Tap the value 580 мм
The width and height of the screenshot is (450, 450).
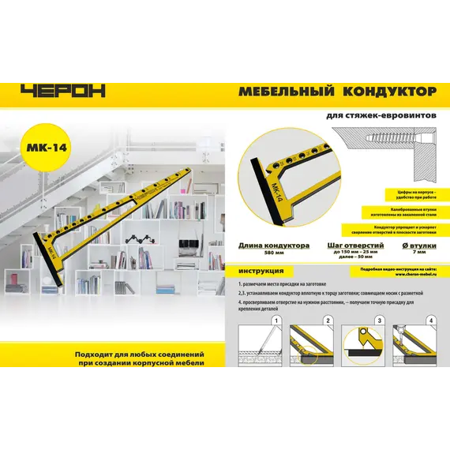[273, 253]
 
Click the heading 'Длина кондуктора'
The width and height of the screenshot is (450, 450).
[273, 246]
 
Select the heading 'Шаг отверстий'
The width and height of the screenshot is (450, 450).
[354, 246]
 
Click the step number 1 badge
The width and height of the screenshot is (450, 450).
[276, 321]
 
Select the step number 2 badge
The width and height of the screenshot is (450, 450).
[327, 321]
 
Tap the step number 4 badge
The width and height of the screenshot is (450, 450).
[430, 321]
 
